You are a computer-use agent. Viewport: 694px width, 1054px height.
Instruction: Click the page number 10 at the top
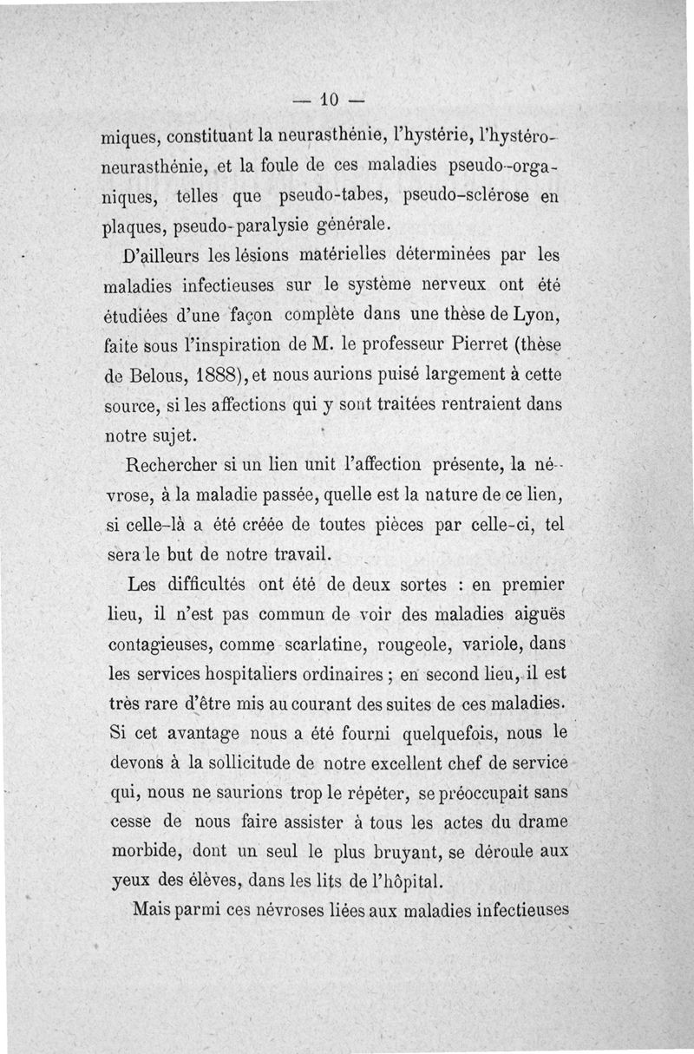coord(328,97)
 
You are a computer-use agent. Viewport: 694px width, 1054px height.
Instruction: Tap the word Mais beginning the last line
coord(153,910)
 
